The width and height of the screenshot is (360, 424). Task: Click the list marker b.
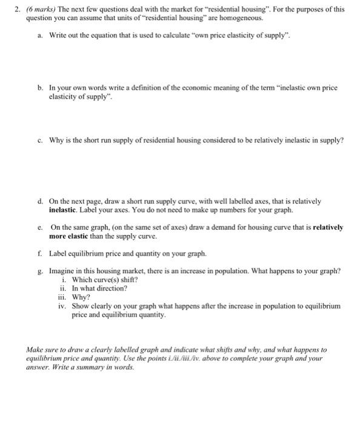[x=39, y=88]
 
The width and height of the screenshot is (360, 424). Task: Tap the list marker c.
[x=39, y=140]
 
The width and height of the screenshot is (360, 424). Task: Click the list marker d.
[x=39, y=200]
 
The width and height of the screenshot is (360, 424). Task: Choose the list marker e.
[x=39, y=227]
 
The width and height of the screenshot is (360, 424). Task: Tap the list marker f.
[x=39, y=253]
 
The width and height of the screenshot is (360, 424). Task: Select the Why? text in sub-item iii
[x=80, y=297]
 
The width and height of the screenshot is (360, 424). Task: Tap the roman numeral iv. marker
[x=64, y=306]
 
